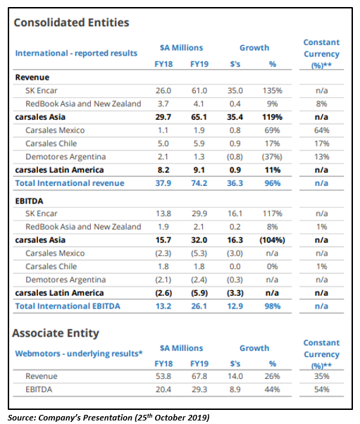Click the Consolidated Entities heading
click(71, 23)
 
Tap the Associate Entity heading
click(56, 333)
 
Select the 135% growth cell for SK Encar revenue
click(273, 91)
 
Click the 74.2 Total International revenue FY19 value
click(199, 183)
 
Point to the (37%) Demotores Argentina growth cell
click(272, 157)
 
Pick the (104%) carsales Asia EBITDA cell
click(272, 240)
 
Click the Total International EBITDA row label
click(68, 306)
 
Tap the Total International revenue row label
click(70, 183)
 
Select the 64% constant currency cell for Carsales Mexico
click(321, 130)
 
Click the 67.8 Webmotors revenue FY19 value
click(199, 376)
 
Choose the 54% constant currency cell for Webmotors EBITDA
click(321, 389)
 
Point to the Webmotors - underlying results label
click(79, 354)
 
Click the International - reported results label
click(76, 54)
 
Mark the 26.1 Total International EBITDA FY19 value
click(199, 306)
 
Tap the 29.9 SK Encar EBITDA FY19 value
click(199, 213)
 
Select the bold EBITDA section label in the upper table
click(29, 201)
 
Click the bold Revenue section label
click(32, 77)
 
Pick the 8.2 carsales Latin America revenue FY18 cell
click(163, 170)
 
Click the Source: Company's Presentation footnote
click(108, 417)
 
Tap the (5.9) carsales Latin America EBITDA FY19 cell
click(199, 293)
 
